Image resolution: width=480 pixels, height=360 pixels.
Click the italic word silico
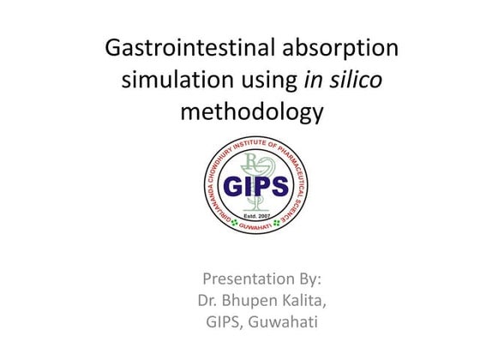pyautogui.click(x=351, y=81)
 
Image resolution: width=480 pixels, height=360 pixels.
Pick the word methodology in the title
pyautogui.click(x=251, y=112)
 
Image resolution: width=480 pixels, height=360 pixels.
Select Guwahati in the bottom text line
pyautogui.click(x=280, y=321)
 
